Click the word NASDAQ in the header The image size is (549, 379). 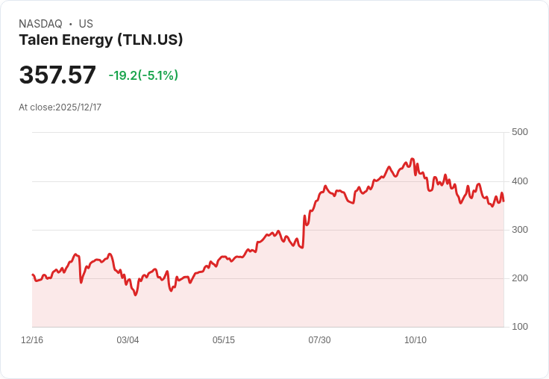click(x=40, y=24)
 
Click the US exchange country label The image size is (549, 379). click(x=86, y=24)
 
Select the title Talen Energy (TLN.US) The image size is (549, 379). click(x=101, y=40)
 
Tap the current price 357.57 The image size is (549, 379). click(x=57, y=75)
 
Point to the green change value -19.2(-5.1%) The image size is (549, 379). click(x=143, y=75)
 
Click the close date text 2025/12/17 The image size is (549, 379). click(x=78, y=107)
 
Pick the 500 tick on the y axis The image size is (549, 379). click(x=519, y=132)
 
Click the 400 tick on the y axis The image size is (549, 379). click(x=519, y=181)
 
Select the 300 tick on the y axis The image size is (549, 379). click(x=519, y=230)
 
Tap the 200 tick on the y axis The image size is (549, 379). click(x=519, y=278)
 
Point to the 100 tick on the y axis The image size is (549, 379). click(x=519, y=327)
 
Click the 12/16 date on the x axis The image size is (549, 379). click(x=32, y=340)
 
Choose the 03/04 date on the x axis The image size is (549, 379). click(x=128, y=340)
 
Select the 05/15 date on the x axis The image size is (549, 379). click(x=224, y=340)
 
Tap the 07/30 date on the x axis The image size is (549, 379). click(x=319, y=340)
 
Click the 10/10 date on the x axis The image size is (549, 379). click(x=415, y=340)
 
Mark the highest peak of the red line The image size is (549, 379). click(x=412, y=159)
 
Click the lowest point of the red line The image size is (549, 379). click(x=136, y=295)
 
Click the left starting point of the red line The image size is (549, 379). click(x=33, y=275)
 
